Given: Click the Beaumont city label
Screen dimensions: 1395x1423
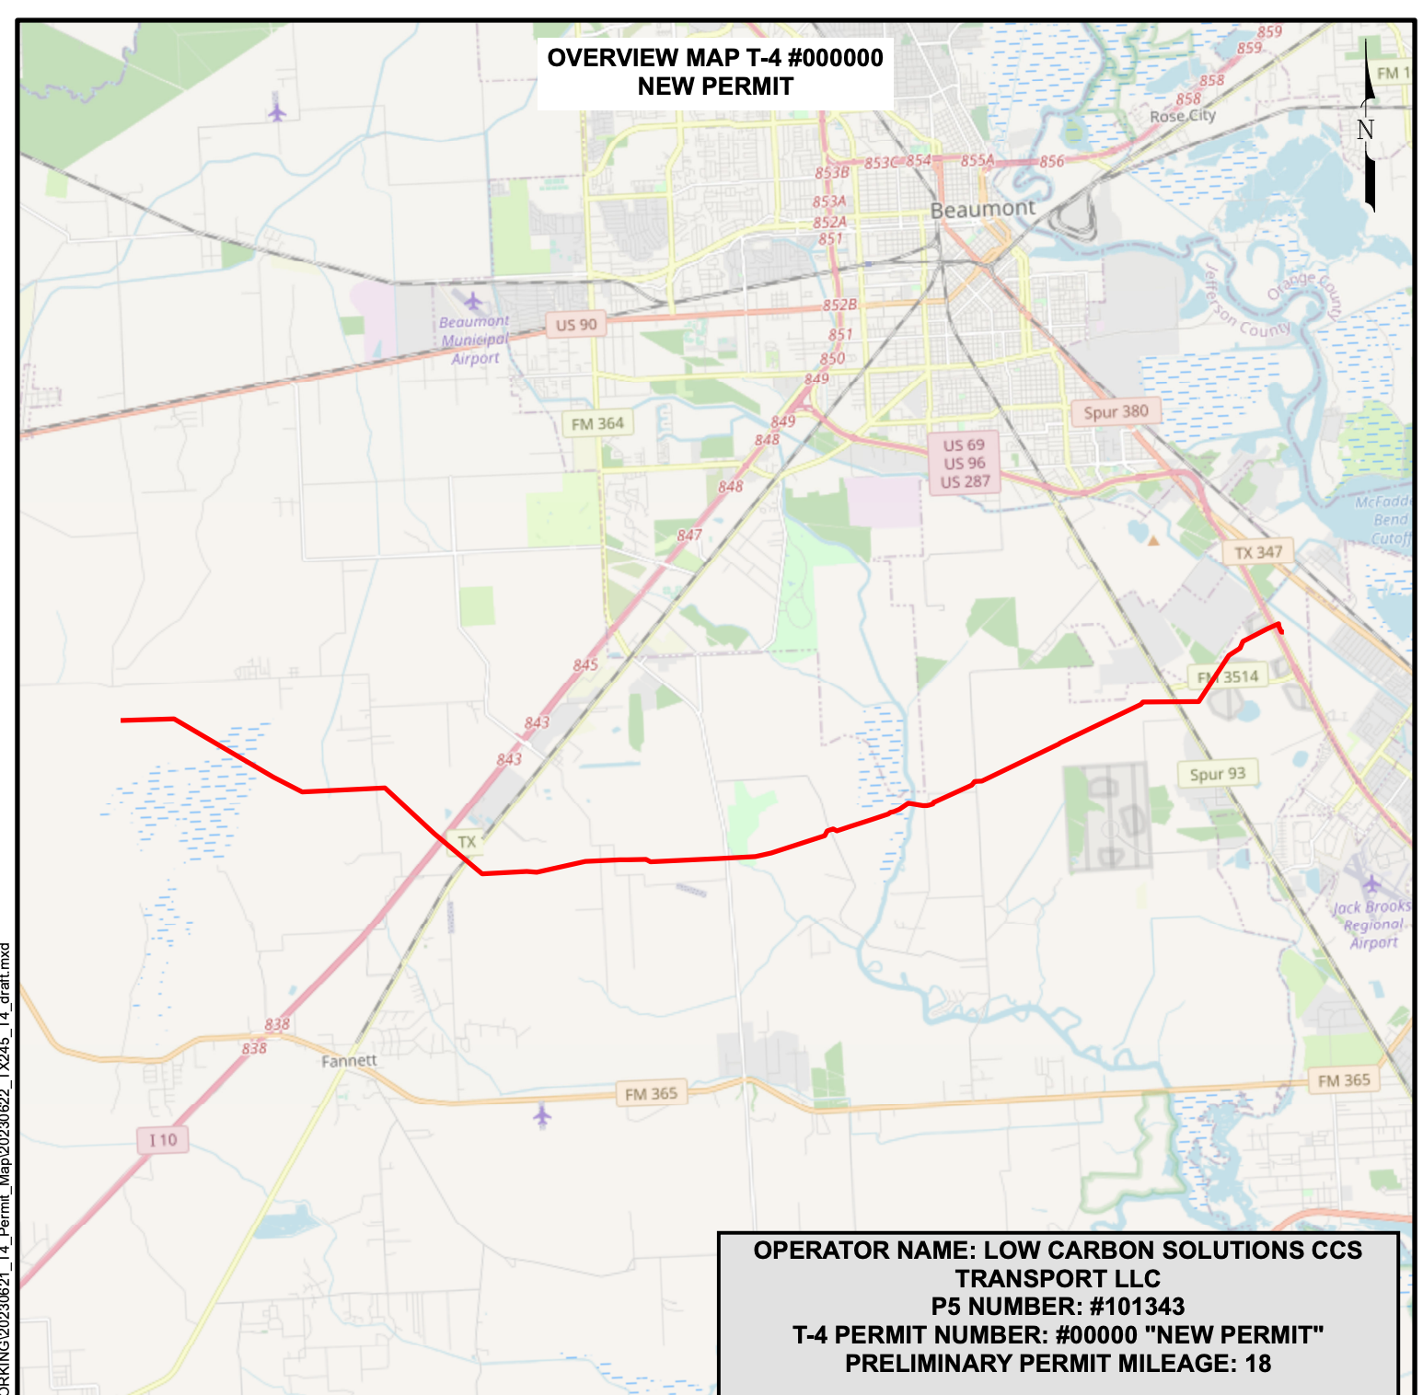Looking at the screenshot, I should (982, 210).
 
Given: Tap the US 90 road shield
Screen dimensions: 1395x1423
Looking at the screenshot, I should (576, 325).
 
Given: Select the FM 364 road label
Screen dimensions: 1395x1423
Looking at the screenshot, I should (597, 424).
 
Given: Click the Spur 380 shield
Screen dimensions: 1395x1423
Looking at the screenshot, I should (1116, 412).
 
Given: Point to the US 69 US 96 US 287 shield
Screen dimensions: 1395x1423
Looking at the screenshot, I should (964, 464).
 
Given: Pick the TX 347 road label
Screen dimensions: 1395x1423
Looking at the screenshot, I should (1258, 553).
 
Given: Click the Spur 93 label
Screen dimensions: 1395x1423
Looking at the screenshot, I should (1217, 774).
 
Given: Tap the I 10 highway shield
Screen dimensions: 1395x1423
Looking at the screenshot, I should (163, 1140).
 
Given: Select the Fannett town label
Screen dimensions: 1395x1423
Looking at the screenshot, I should (349, 1061).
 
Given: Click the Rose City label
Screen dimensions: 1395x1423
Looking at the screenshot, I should (1183, 116).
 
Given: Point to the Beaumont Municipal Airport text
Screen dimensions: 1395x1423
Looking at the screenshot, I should (474, 340).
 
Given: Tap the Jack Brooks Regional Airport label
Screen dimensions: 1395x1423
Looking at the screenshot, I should (1372, 924).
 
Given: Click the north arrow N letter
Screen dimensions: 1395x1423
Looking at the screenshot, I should (1365, 130).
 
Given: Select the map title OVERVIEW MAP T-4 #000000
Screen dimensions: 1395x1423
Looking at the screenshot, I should (715, 58).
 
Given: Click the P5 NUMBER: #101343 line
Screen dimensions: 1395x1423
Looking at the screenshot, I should (1058, 1307).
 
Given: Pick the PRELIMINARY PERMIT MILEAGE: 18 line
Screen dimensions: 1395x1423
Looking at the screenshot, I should (1058, 1364).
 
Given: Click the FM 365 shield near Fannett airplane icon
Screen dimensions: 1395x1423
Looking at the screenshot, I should (651, 1094).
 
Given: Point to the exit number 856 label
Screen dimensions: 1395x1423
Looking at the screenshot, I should (1052, 162).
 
